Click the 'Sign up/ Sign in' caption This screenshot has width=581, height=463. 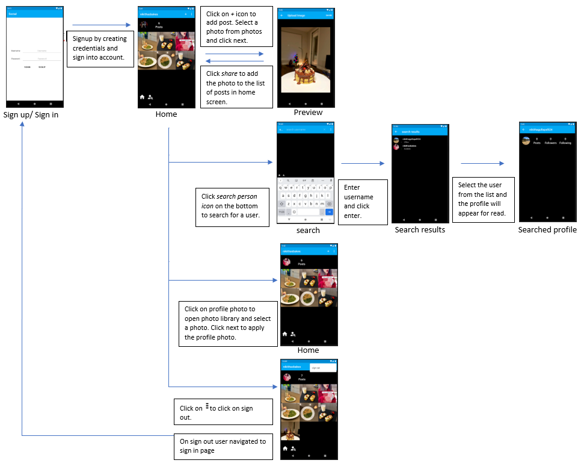coord(31,115)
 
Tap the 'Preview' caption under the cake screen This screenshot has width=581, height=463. coord(308,113)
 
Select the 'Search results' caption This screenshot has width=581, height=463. coord(420,230)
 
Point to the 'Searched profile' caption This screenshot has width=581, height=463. coord(547,230)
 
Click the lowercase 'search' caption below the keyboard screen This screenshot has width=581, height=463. coord(308,230)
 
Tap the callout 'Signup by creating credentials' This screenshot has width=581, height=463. coord(99,48)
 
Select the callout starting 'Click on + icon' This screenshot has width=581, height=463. coord(236,27)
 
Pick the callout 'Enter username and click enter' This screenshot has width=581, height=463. coord(363,202)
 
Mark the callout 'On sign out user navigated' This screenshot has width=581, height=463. coord(223,446)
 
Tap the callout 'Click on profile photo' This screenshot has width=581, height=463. coord(228,323)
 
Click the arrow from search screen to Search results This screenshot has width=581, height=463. coord(363,163)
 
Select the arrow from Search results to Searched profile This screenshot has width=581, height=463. coord(482,163)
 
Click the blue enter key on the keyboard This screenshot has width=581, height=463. coord(330,212)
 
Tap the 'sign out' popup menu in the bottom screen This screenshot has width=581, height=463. coord(322,367)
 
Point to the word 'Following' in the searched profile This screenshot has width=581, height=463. coord(565,143)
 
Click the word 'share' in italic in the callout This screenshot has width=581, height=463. coord(229,73)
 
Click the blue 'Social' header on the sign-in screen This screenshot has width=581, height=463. coord(34,13)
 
